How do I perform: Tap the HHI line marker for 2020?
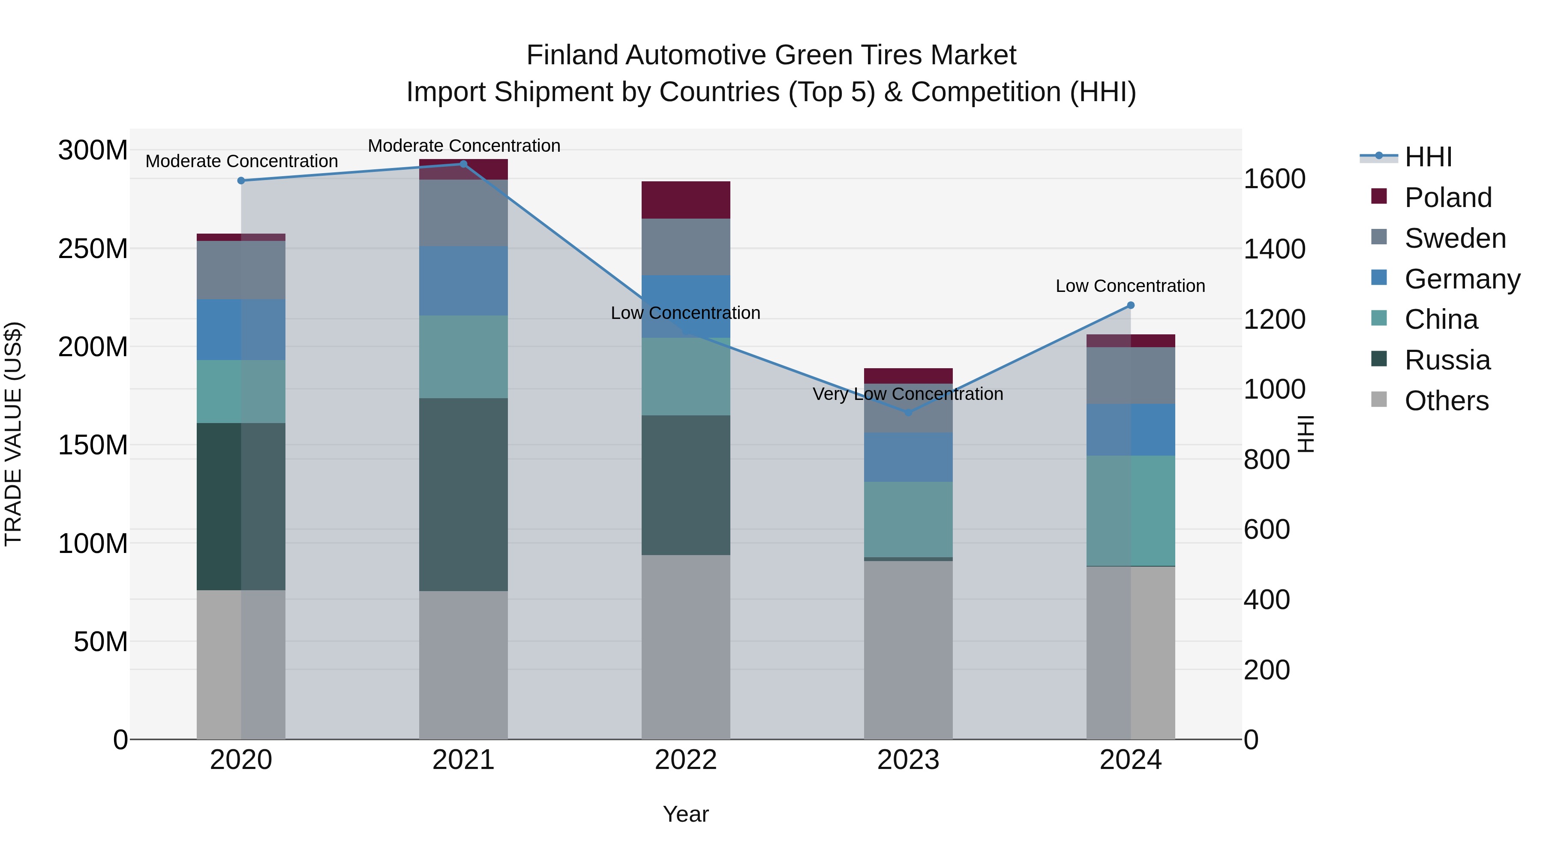click(x=241, y=180)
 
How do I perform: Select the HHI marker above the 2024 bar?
click(x=1130, y=305)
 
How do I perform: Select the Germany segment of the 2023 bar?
click(x=908, y=457)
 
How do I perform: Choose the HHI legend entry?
click(x=1428, y=157)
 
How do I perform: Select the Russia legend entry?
click(x=1447, y=360)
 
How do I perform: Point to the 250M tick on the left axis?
click(x=93, y=249)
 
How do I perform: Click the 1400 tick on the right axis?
click(x=1275, y=249)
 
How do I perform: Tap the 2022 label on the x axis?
click(x=686, y=760)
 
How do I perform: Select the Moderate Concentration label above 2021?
click(x=464, y=146)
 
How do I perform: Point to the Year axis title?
click(x=686, y=814)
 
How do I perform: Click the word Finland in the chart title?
click(x=572, y=55)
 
